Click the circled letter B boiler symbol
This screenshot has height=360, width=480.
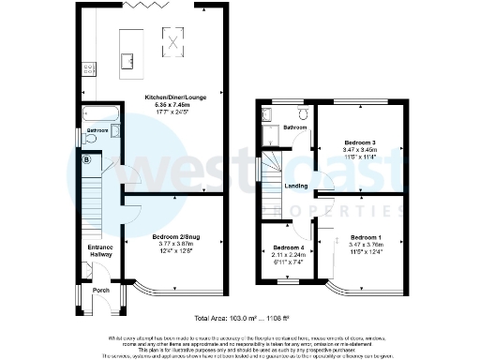tap(87, 160)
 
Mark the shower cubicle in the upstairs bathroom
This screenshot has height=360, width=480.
tap(267, 114)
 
